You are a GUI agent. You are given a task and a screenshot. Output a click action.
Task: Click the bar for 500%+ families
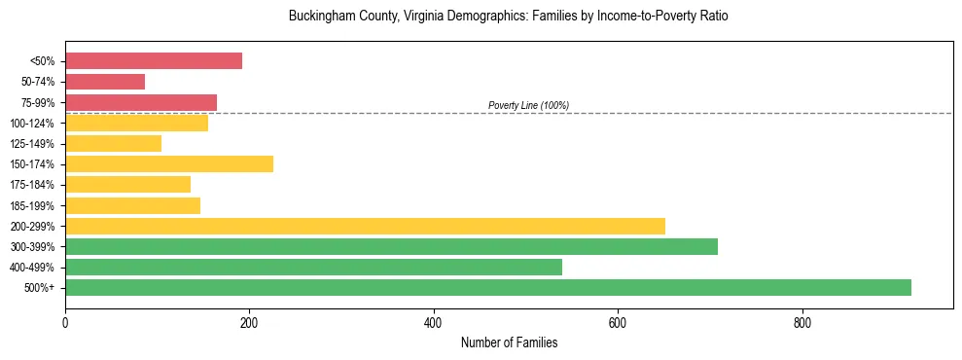pyautogui.click(x=488, y=287)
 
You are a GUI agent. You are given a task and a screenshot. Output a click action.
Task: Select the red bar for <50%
pyautogui.click(x=154, y=61)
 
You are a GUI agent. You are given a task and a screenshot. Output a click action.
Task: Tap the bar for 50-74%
pyautogui.click(x=105, y=82)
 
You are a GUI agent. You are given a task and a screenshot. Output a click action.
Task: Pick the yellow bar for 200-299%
pyautogui.click(x=365, y=226)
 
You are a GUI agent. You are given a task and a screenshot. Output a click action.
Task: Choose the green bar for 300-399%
pyautogui.click(x=391, y=246)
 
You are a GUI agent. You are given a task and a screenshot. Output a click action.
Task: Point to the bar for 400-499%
pyautogui.click(x=313, y=267)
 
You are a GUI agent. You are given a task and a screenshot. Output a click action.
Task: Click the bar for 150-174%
pyautogui.click(x=169, y=163)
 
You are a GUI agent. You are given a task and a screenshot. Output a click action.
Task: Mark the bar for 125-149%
pyautogui.click(x=113, y=143)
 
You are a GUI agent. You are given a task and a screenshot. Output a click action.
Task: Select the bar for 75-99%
pyautogui.click(x=141, y=102)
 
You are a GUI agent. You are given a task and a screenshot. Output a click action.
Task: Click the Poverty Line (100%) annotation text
pyautogui.click(x=528, y=105)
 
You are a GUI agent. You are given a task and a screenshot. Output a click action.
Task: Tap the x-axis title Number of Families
pyautogui.click(x=509, y=342)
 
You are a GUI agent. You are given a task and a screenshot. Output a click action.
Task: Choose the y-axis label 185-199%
pyautogui.click(x=32, y=205)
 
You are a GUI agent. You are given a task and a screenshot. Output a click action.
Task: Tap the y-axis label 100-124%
pyautogui.click(x=32, y=124)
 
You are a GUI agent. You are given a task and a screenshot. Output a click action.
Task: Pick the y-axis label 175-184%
pyautogui.click(x=32, y=185)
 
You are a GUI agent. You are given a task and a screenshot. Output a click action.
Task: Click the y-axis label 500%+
pyautogui.click(x=40, y=288)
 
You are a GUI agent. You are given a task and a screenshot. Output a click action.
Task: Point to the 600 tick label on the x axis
pyautogui.click(x=618, y=322)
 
